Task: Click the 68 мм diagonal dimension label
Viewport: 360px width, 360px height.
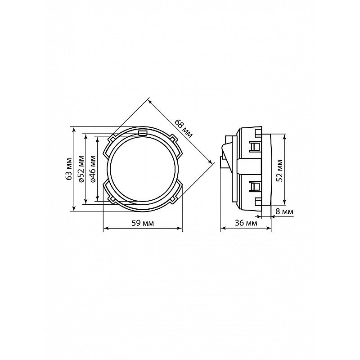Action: [x=184, y=128]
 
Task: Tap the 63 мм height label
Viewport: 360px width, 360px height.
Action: [x=69, y=169]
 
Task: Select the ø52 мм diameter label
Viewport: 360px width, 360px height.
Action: [x=81, y=169]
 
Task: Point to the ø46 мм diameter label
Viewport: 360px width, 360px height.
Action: [x=93, y=169]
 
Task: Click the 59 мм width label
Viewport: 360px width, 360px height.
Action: [x=143, y=223]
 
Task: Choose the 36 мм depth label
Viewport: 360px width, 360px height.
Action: [x=246, y=223]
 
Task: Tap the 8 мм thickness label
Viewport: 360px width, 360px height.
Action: [x=284, y=211]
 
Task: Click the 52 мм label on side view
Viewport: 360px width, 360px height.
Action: [x=279, y=171]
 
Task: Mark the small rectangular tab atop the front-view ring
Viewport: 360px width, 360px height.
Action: [x=143, y=133]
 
